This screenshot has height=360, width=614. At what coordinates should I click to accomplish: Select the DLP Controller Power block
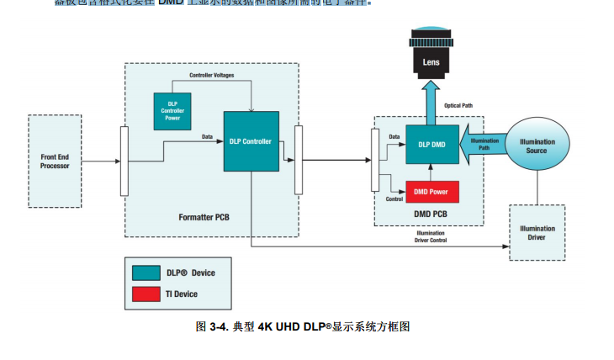(172, 111)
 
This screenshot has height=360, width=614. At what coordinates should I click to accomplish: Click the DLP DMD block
(431, 144)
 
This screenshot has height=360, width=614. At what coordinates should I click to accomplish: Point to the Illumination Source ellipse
(538, 146)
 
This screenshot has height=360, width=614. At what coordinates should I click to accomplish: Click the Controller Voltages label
(212, 76)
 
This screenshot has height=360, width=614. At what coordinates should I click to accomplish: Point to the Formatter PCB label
(204, 218)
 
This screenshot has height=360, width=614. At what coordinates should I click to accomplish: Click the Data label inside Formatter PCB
(207, 135)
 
